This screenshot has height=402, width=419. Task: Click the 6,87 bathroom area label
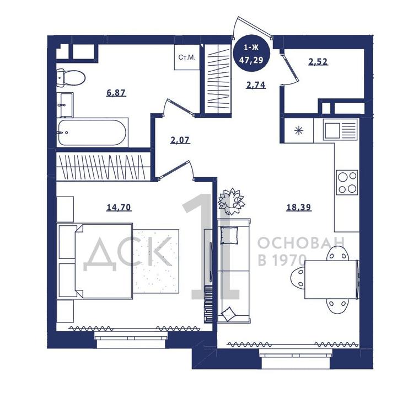116,93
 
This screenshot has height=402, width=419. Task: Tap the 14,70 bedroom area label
119,207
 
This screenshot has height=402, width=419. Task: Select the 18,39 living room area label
299,207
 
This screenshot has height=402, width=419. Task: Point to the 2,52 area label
318,62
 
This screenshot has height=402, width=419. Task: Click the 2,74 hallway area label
256,85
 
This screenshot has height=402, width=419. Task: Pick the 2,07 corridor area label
180,140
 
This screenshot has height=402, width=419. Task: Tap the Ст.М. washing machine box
187,57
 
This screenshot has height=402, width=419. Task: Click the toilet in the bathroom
71,78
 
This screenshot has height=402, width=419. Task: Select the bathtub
92,133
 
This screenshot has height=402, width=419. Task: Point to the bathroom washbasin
65,105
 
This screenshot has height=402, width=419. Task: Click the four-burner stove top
347,183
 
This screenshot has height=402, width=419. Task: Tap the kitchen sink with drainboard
340,130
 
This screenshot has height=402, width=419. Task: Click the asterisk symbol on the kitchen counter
299,131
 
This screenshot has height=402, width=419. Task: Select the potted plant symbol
231,202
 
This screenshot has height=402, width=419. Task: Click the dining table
331,279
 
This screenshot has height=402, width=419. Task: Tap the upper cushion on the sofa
229,236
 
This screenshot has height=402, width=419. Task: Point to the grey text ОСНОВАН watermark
301,244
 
